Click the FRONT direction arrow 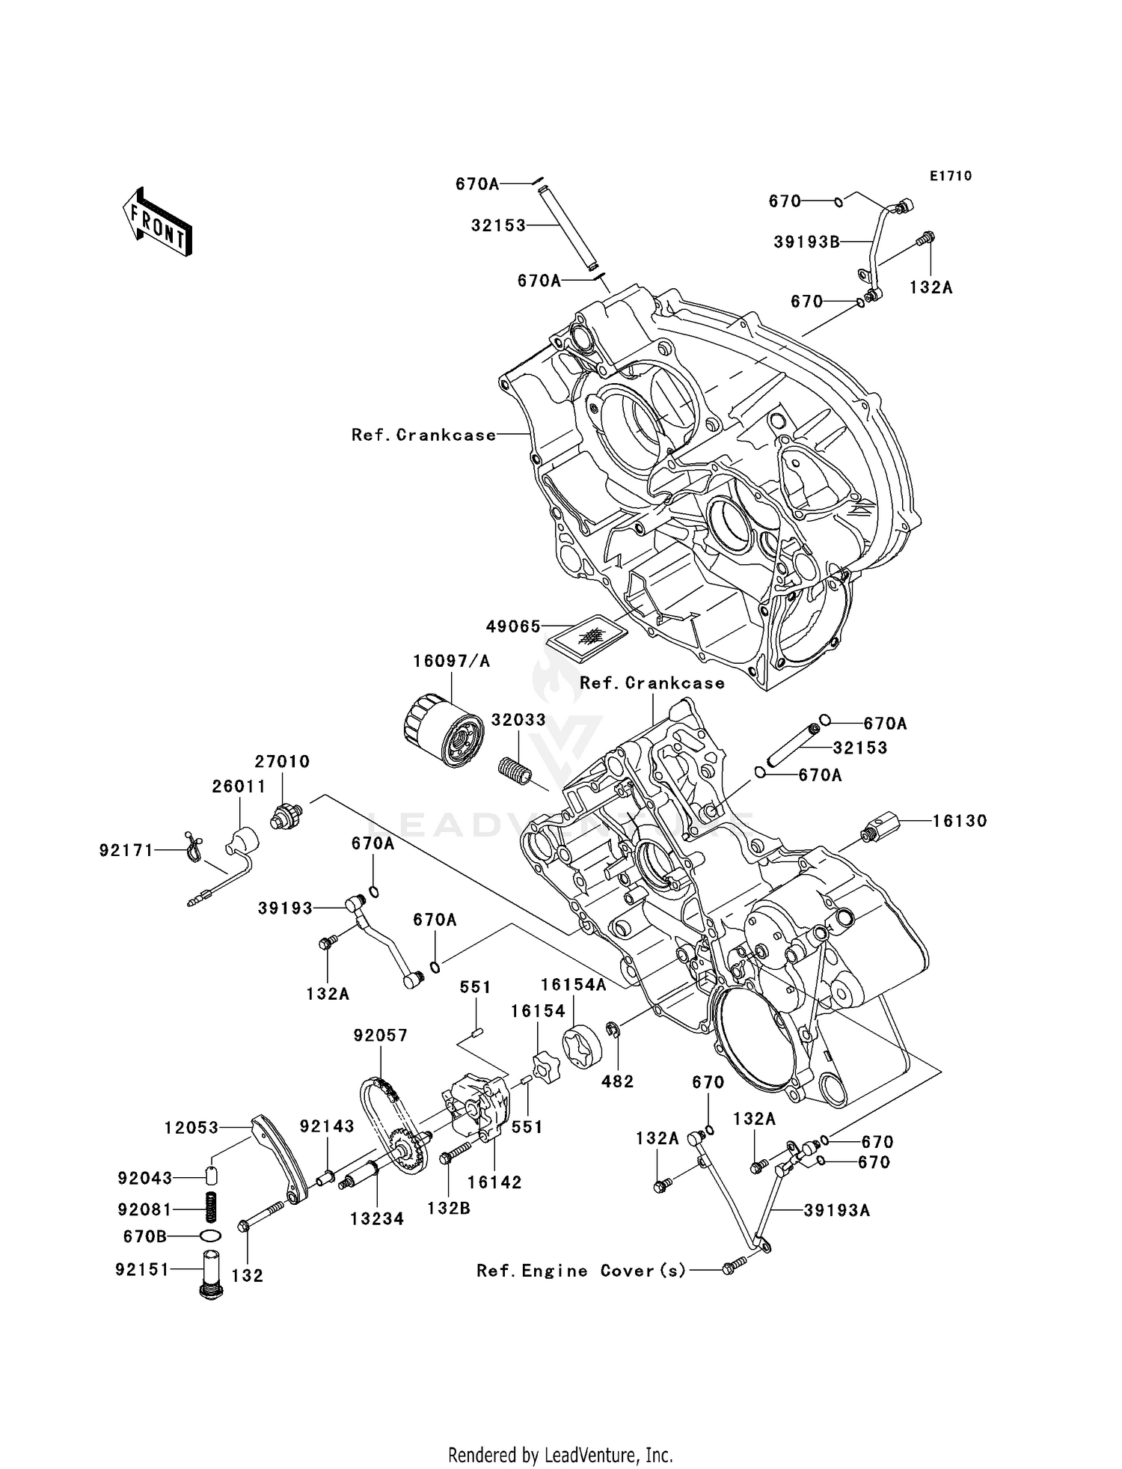click(158, 223)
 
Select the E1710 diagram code click(951, 176)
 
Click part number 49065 click(513, 627)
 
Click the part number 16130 click(960, 821)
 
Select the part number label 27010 click(282, 762)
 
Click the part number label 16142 click(494, 1183)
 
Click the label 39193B click(806, 242)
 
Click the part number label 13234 click(377, 1219)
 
